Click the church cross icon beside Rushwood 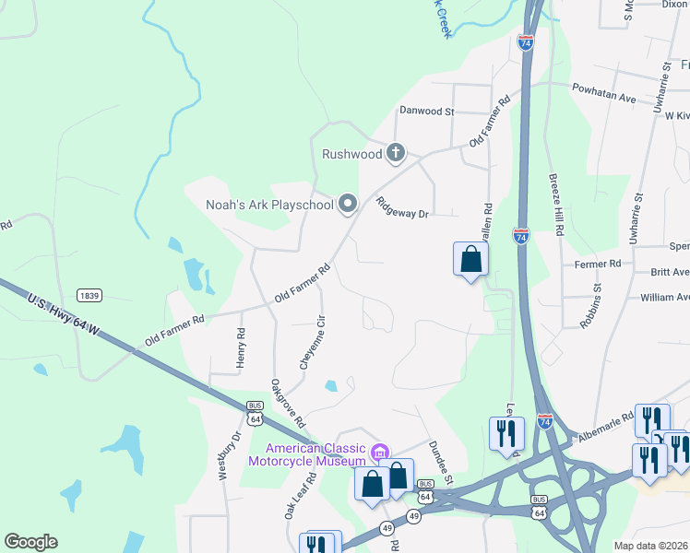coord(396,153)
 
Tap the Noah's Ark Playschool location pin coord(348,204)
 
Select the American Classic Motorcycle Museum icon coord(378,452)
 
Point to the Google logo coord(30,542)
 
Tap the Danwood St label coord(426,111)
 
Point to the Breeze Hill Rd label coord(555,205)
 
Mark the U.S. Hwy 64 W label coord(64,316)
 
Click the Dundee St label coord(440,462)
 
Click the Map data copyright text coord(651,546)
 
